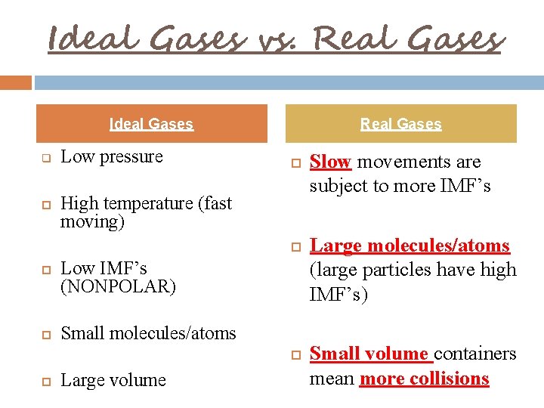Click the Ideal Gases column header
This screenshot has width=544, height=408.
pos(151,124)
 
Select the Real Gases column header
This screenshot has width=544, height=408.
pos(400,124)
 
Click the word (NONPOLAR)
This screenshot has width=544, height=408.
pos(118,287)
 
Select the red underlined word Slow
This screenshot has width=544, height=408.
pos(330,162)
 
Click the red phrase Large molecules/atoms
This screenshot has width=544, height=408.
pos(410,246)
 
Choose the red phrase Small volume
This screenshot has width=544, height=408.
pos(369,354)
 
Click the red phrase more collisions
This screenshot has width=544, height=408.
pos(424,379)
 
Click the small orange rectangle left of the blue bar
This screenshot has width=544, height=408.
pos(16,82)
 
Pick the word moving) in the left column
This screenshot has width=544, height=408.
pos(92,222)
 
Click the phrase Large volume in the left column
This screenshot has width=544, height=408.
pos(113,380)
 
